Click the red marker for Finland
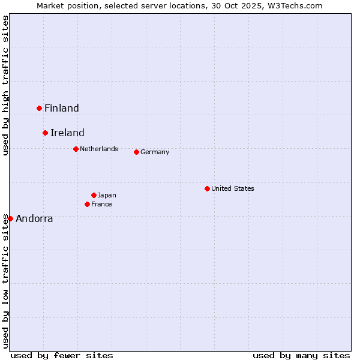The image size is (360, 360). pyautogui.click(x=40, y=108)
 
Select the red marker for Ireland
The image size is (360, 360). pyautogui.click(x=45, y=133)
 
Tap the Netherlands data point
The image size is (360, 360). pyautogui.click(x=76, y=149)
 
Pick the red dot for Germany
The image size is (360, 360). pyautogui.click(x=136, y=152)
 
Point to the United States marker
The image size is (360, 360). pyautogui.click(x=207, y=188)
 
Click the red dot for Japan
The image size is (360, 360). pyautogui.click(x=94, y=195)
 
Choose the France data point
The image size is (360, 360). pyautogui.click(x=88, y=204)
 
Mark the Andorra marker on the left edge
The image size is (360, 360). pyautogui.click(x=10, y=218)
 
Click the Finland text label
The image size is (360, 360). pyautogui.click(x=62, y=109)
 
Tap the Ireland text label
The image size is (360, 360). pyautogui.click(x=67, y=133)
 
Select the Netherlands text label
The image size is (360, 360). pyautogui.click(x=99, y=149)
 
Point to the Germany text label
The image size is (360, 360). pyautogui.click(x=155, y=152)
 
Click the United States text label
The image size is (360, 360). pyautogui.click(x=233, y=188)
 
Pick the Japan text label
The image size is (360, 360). pyautogui.click(x=107, y=195)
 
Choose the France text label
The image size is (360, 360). pyautogui.click(x=101, y=204)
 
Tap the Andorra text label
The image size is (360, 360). pyautogui.click(x=34, y=219)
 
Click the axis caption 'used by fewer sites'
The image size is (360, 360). pyautogui.click(x=62, y=355)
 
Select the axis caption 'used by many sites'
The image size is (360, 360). pyautogui.click(x=301, y=355)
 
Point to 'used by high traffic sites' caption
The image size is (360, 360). pyautogui.click(x=5, y=85)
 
